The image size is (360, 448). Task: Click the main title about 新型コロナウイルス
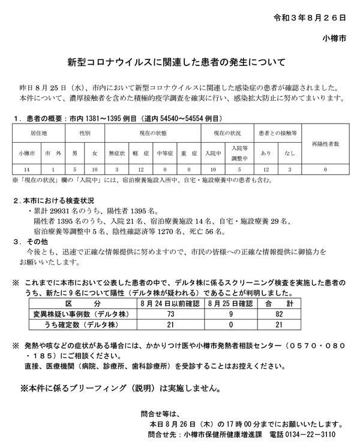click(x=180, y=62)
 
